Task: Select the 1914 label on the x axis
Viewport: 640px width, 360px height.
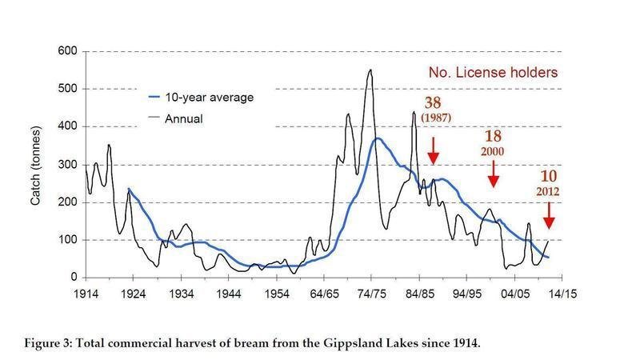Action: tap(86, 293)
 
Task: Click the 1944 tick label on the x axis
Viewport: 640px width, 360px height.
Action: tap(229, 293)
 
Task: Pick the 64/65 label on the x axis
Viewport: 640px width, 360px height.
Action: tap(323, 293)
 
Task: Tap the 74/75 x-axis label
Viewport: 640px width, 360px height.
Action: tap(371, 293)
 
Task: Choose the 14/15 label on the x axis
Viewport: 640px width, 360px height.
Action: tap(562, 293)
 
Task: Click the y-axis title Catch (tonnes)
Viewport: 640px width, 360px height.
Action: tap(36, 165)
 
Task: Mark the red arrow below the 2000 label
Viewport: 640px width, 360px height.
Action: tap(494, 172)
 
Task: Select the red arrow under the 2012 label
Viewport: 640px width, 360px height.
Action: tap(549, 214)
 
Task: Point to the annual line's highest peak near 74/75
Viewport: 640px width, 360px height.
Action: tap(370, 70)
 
